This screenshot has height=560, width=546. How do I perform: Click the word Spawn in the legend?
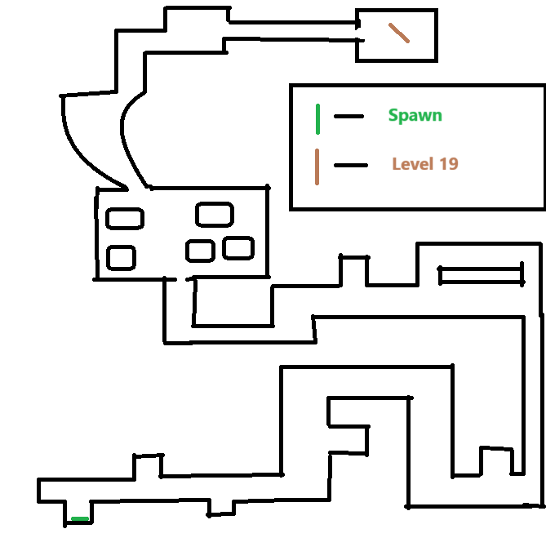[x=415, y=115]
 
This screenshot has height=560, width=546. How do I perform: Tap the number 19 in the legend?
[x=448, y=163]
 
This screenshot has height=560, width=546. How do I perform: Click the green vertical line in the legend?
[x=317, y=118]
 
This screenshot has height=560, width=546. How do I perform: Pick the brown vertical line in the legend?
[x=317, y=167]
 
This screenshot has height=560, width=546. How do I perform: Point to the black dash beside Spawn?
[x=348, y=117]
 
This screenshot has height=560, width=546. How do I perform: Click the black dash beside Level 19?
[x=351, y=167]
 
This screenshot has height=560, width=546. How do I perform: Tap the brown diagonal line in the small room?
[x=398, y=33]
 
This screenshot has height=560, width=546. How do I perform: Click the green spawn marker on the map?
[x=79, y=518]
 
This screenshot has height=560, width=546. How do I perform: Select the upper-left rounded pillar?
[x=125, y=219]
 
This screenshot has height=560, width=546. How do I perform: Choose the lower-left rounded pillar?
[x=121, y=257]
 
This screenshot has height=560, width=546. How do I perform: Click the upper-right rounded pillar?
[x=215, y=214]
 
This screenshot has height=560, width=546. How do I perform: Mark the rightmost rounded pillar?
[x=238, y=247]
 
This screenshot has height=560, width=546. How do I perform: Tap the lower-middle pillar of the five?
[x=200, y=251]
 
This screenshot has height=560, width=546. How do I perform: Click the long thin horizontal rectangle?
[x=481, y=275]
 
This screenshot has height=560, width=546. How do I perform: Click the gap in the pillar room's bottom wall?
[x=181, y=278]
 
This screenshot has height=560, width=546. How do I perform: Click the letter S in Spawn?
[x=393, y=115]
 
